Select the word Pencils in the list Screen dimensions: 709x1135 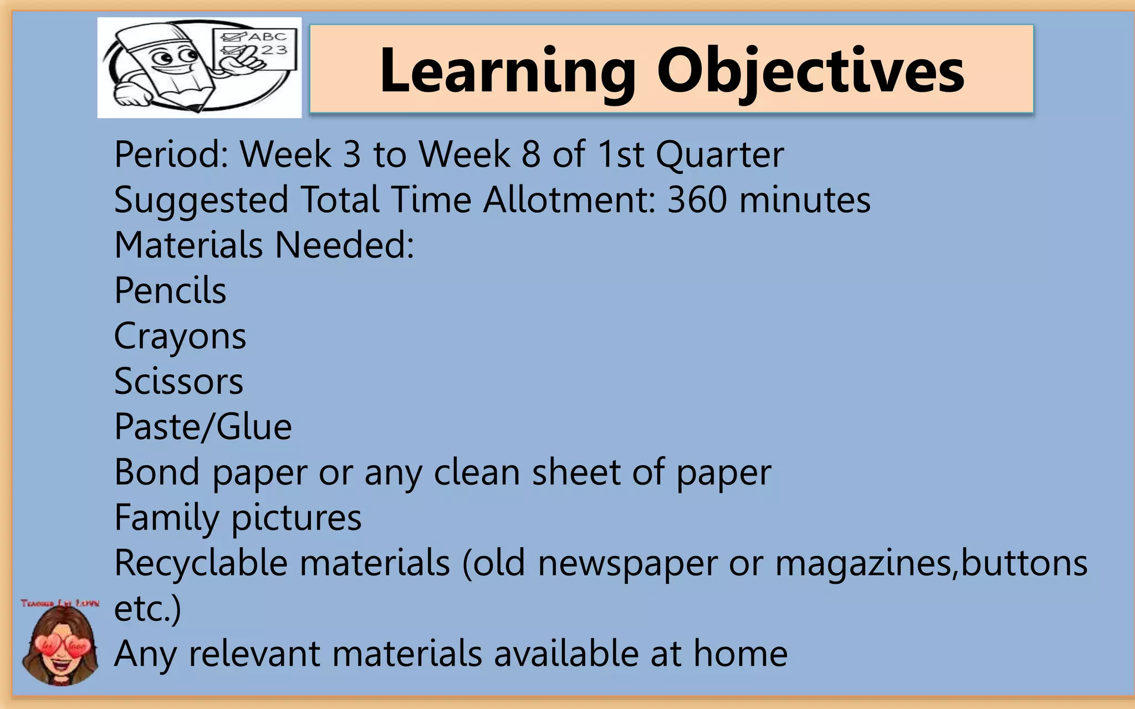pos(170,290)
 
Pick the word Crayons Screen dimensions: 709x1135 pos(180,337)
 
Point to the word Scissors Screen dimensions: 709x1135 pos(178,382)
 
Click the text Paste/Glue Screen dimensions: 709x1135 pos(203,427)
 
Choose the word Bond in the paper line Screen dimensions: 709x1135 pos(157,472)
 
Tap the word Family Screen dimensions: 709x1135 pos(166,518)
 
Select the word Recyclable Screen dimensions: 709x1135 pos(201,563)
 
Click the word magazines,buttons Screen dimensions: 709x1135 pos(931,563)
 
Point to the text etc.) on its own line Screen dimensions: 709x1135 pos(147,609)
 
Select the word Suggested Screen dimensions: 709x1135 pos(201,200)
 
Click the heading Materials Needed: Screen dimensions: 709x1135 pos(264,245)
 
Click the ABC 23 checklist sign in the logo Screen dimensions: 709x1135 pos(255,50)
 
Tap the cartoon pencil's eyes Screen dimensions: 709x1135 pos(175,56)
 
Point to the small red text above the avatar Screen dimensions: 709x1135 pos(60,603)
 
